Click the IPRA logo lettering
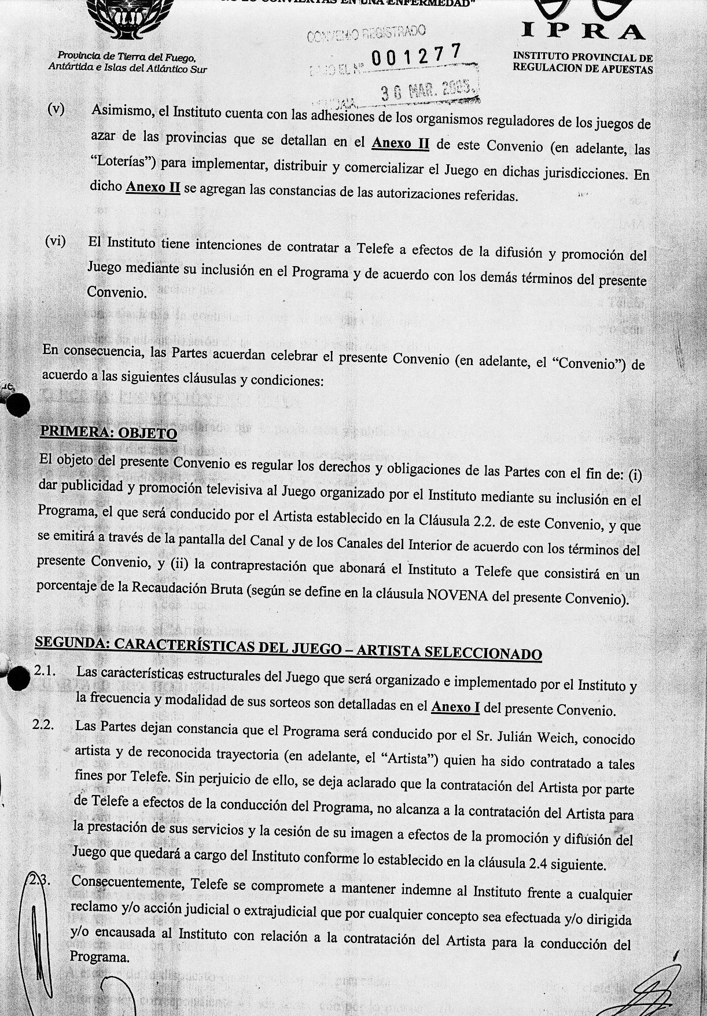tap(583, 31)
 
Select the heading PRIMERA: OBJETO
tap(108, 432)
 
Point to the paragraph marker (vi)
tap(56, 241)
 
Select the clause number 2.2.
tap(43, 726)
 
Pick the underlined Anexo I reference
tap(455, 706)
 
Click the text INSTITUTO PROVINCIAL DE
tap(583, 57)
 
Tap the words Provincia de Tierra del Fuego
tap(127, 57)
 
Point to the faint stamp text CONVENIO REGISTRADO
tap(366, 34)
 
